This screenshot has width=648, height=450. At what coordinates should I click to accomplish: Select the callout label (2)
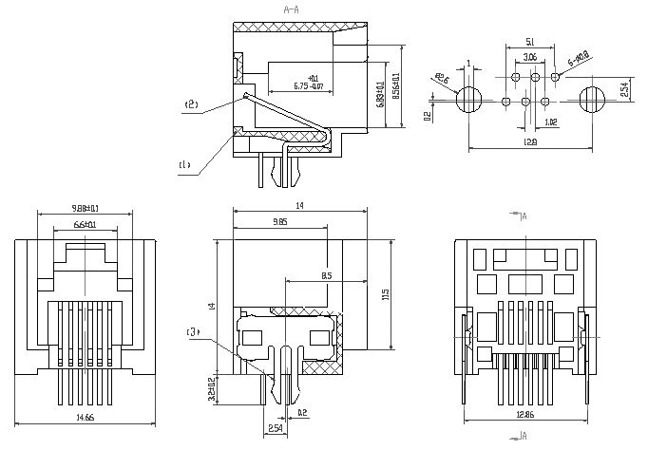tap(191, 104)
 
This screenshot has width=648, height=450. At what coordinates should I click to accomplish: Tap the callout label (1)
tap(184, 165)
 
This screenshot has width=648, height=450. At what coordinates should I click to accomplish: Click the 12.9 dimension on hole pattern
tap(530, 143)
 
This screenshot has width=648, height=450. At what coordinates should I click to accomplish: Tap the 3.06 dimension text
tap(530, 58)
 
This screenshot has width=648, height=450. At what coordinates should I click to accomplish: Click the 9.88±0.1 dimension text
tap(85, 208)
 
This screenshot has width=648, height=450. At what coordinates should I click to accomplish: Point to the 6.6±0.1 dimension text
tap(85, 224)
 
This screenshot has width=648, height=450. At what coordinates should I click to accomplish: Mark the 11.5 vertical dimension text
tap(385, 295)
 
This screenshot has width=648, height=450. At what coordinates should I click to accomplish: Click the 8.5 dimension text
tap(327, 276)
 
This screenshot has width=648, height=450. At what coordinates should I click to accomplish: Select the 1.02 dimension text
tap(552, 122)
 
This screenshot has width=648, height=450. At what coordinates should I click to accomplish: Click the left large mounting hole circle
tap(470, 99)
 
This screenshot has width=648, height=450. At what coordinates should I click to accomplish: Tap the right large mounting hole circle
tap(592, 99)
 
